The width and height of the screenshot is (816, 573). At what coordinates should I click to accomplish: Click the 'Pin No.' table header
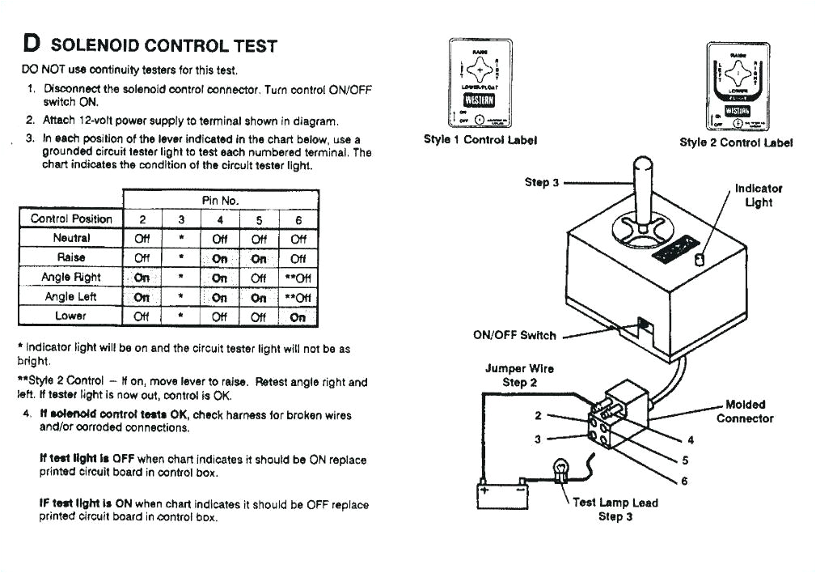click(220, 200)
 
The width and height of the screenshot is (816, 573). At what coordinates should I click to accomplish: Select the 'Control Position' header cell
click(70, 219)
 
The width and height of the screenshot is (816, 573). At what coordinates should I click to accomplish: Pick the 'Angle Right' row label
click(70, 277)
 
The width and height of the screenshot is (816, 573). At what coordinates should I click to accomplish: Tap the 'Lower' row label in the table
click(70, 316)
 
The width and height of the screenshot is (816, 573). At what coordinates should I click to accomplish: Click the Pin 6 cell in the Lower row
click(298, 316)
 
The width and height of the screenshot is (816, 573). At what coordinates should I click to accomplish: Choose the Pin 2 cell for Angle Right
click(142, 277)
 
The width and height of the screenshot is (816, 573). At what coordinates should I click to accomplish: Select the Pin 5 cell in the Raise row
click(259, 258)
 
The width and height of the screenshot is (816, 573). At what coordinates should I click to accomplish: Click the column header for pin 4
click(220, 219)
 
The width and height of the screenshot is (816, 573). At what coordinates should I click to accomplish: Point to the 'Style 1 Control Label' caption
click(480, 139)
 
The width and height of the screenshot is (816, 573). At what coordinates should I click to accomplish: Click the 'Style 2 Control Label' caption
click(736, 142)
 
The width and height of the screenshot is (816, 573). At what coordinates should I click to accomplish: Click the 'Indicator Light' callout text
click(758, 195)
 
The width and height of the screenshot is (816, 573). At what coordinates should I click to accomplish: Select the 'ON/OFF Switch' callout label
click(514, 335)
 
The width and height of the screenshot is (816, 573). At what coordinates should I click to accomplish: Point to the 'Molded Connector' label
click(744, 411)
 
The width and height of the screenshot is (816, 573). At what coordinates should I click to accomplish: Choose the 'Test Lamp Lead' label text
click(615, 503)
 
